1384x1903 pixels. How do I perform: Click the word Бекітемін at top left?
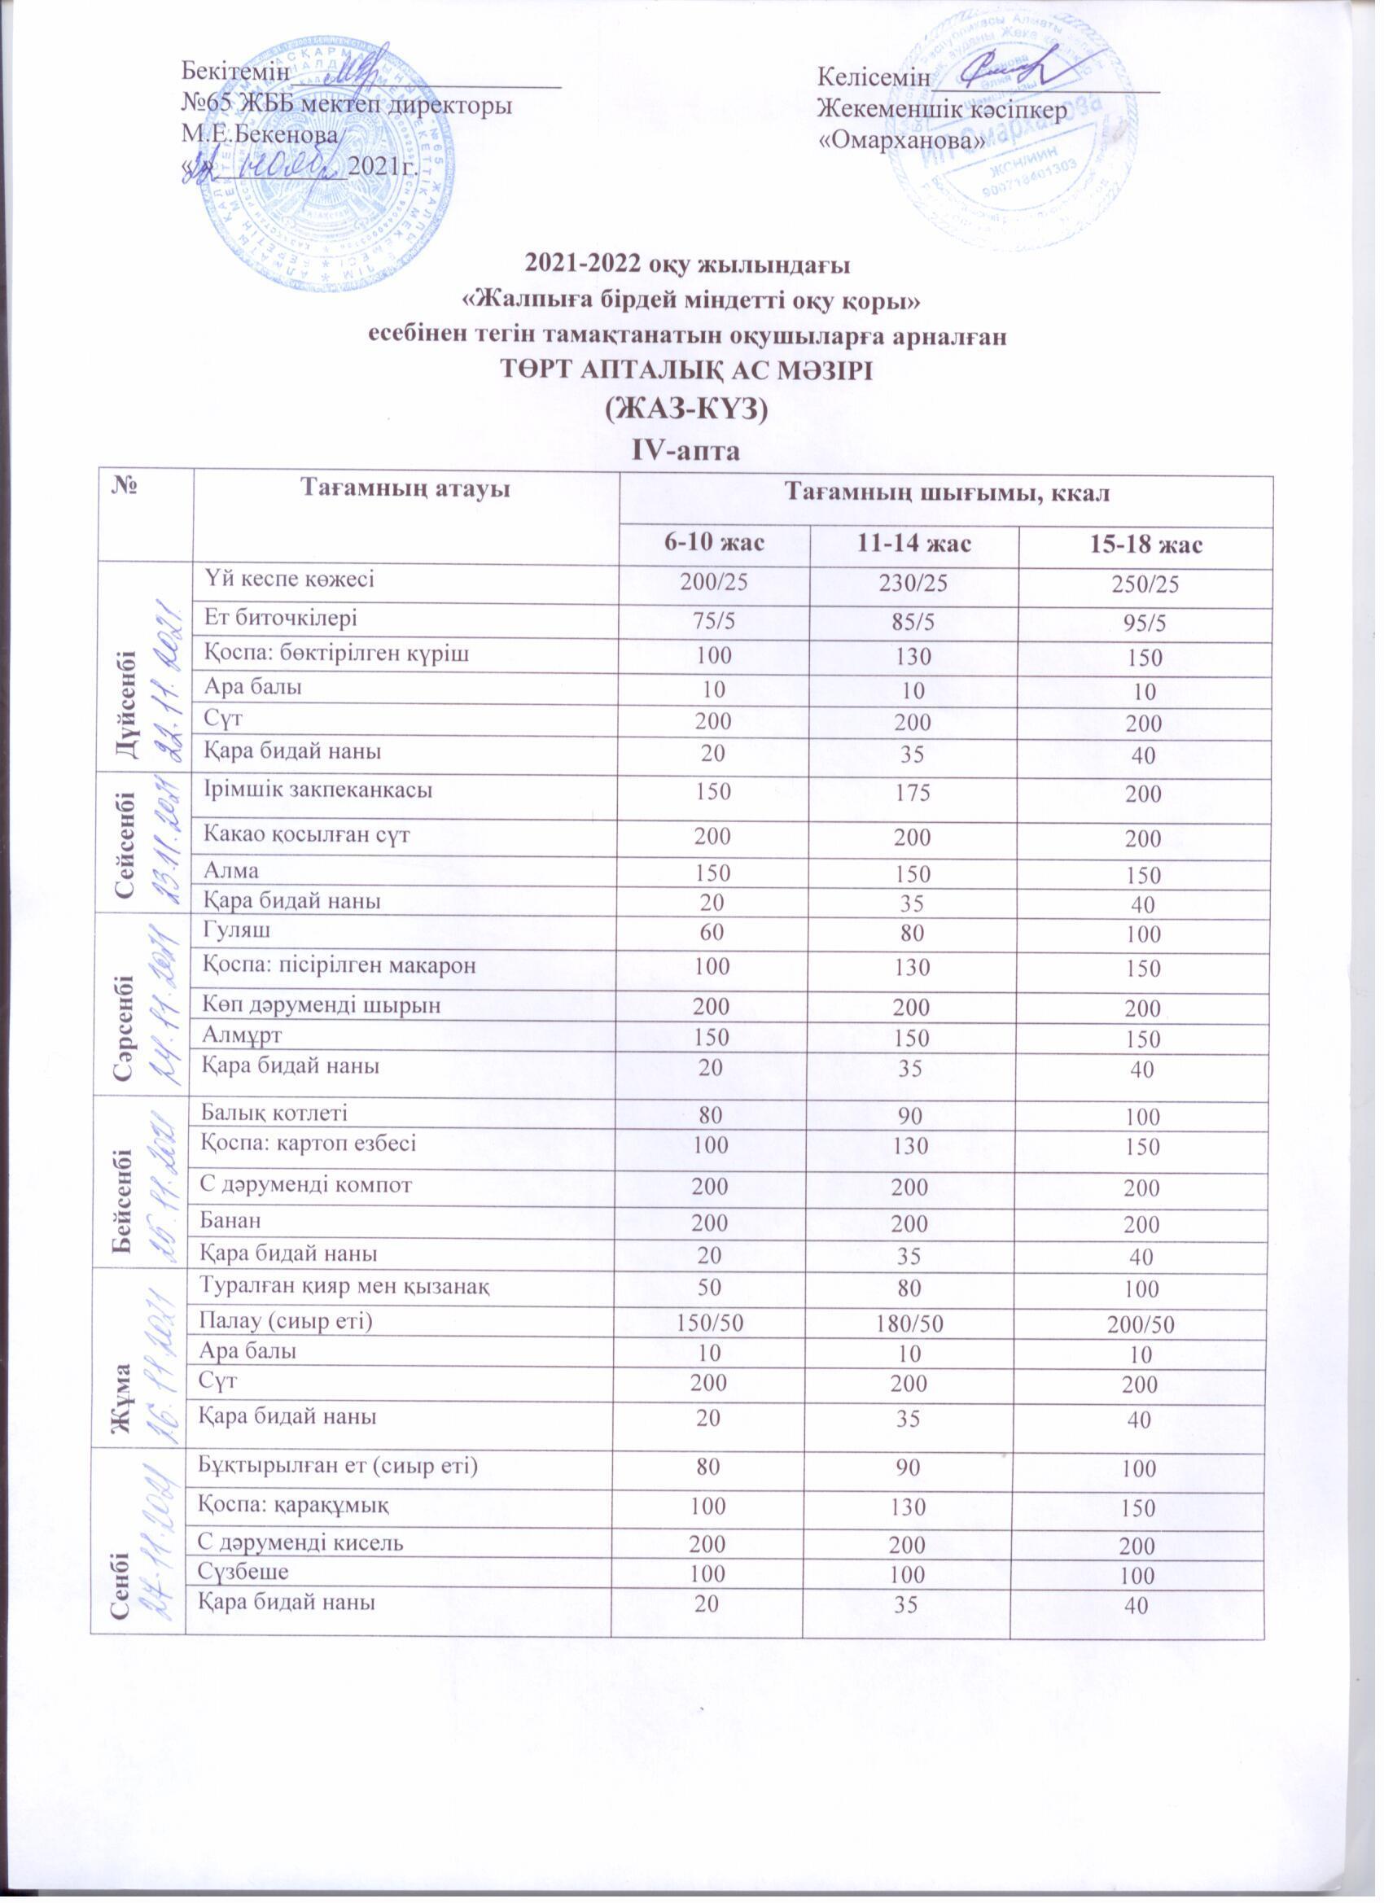[x=236, y=73]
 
